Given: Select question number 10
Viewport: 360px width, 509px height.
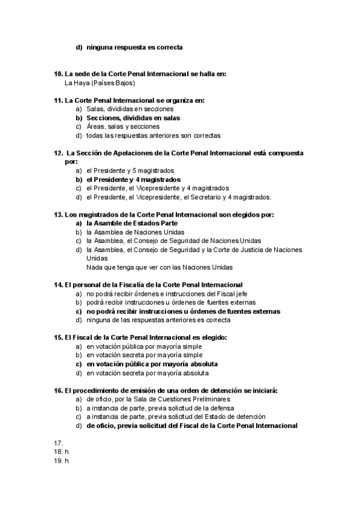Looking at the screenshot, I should [x=58, y=74].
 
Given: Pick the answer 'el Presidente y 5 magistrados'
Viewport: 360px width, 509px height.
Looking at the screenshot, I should [x=130, y=170].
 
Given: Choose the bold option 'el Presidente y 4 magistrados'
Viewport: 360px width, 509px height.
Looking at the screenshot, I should [x=133, y=179].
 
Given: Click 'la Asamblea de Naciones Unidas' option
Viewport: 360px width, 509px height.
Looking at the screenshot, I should [x=135, y=232].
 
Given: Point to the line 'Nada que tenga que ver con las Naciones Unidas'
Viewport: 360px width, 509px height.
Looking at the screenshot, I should [x=159, y=267].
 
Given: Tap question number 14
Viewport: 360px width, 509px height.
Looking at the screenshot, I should [x=58, y=285].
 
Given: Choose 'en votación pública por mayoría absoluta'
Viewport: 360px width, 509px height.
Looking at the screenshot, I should [x=152, y=364].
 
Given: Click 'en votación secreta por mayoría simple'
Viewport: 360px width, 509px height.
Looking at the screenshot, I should [x=145, y=355].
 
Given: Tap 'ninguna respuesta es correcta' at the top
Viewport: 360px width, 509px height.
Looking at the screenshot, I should [x=134, y=47].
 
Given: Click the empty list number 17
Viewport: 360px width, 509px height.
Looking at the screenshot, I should [x=58, y=443].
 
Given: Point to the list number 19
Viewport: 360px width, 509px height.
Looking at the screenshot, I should [x=58, y=460].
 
